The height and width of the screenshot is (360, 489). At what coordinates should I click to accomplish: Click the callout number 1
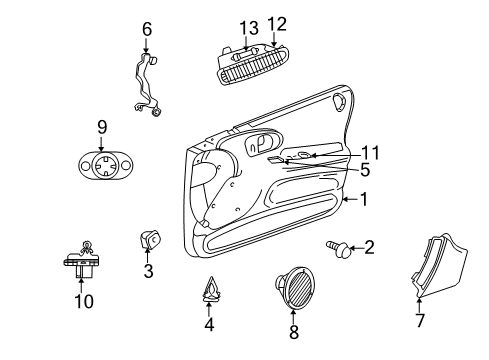coord(364,199)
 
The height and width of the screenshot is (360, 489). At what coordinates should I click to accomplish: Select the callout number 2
coord(369,247)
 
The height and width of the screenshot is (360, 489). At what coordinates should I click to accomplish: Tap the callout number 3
coord(148,270)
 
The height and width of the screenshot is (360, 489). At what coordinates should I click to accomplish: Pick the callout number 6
coord(146,29)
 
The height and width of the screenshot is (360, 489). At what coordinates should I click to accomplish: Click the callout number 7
coord(419,322)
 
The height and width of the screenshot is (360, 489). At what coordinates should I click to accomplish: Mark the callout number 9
coord(101,126)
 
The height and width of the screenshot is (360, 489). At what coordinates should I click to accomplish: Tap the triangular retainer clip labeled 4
coord(209,291)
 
